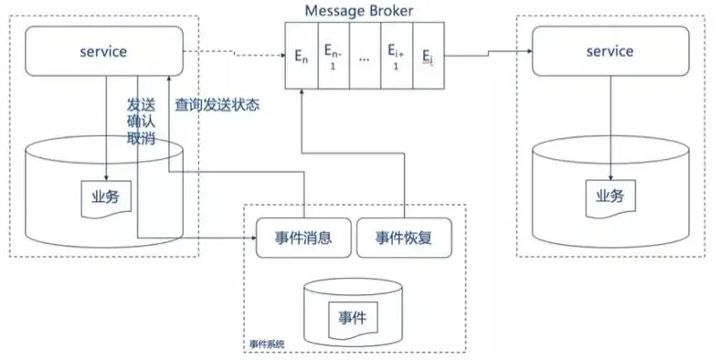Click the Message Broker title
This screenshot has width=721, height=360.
point(359,11)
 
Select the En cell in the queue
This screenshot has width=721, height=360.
point(302,56)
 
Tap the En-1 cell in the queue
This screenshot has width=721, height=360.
point(334,56)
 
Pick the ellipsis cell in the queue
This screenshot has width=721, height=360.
point(366,56)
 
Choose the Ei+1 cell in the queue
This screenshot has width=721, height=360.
point(397,56)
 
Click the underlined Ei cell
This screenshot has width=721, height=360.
point(429,56)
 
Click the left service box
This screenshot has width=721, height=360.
point(104,51)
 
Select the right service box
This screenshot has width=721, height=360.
point(610,51)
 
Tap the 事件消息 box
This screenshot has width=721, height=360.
point(303,238)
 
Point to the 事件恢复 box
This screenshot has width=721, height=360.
point(404,238)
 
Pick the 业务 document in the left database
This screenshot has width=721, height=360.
point(106,198)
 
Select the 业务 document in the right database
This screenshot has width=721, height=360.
point(610,198)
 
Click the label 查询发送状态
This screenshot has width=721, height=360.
point(217,105)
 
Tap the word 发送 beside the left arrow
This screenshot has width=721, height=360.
point(141,105)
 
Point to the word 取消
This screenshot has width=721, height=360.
point(141,138)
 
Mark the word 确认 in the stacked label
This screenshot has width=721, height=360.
point(141,122)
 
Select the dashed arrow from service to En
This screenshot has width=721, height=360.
point(234,53)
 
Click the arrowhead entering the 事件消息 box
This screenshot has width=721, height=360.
point(252,238)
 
